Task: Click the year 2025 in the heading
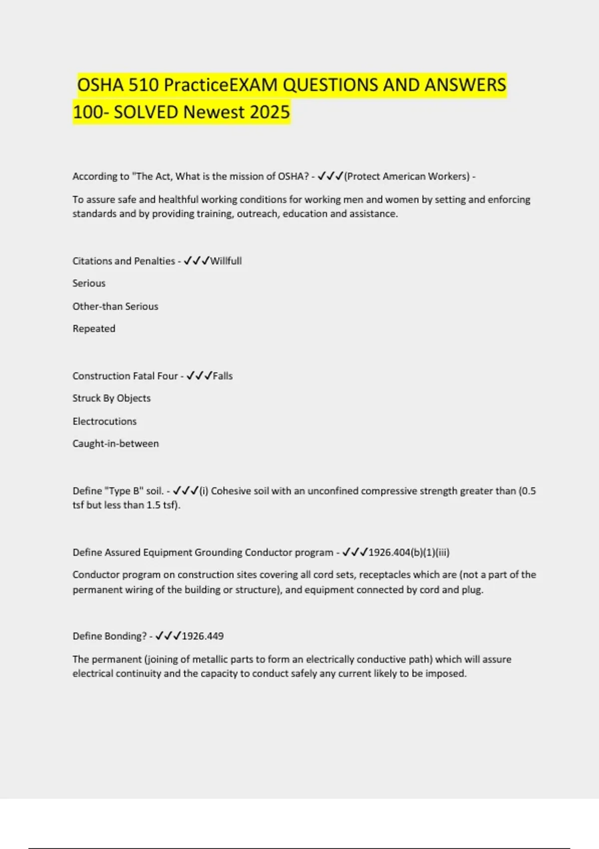tap(269, 112)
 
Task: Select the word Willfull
tap(226, 261)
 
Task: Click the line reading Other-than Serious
tap(115, 306)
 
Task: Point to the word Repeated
tap(94, 329)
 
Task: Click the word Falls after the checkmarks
tap(223, 376)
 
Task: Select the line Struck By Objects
tap(111, 398)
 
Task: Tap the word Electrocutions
tap(104, 421)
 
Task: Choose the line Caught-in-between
tap(115, 443)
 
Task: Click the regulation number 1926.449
tap(203, 636)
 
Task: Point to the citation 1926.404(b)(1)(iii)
tap(409, 552)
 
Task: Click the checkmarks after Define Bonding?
tap(168, 636)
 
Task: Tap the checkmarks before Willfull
tap(197, 261)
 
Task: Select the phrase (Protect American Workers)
tap(407, 176)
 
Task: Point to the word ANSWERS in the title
tap(465, 85)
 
